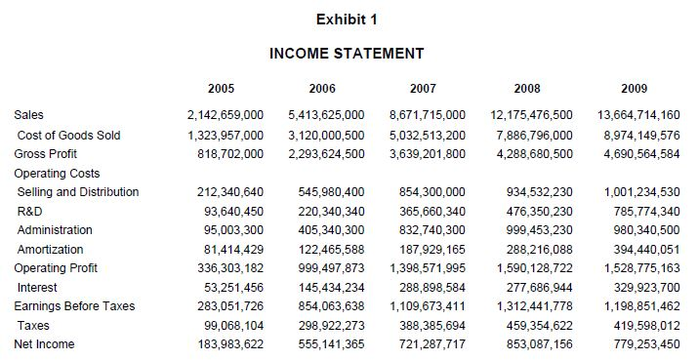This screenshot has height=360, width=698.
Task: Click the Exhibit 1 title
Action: click(x=348, y=19)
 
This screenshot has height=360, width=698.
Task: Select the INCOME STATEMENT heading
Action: click(x=347, y=53)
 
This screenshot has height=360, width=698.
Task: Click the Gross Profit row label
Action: click(x=45, y=154)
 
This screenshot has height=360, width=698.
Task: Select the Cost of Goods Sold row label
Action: click(x=68, y=135)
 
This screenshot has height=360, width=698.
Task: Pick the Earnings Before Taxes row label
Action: click(x=74, y=306)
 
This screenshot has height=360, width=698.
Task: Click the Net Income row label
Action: click(x=44, y=344)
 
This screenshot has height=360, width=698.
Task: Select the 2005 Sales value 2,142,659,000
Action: click(x=226, y=116)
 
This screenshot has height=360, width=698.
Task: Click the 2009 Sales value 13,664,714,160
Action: click(x=639, y=116)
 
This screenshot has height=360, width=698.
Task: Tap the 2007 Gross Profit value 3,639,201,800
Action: click(x=428, y=154)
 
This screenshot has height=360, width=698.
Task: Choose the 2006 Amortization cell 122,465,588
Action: click(x=330, y=250)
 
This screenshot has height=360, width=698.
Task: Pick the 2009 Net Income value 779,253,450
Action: click(x=643, y=344)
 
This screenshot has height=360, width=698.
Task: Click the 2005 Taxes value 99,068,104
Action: click(x=229, y=326)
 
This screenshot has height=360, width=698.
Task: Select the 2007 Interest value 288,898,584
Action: click(x=431, y=288)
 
